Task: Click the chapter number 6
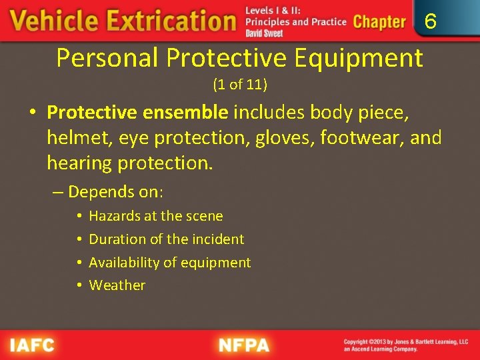431,23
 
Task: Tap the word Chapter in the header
379,22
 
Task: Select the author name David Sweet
264,33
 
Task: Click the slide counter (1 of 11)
240,85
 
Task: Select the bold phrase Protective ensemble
138,113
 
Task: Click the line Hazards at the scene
156,216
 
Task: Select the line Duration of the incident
167,239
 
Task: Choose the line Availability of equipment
170,262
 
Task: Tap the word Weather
117,285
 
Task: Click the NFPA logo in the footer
243,345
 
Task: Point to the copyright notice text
405,345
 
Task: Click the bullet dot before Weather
79,285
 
